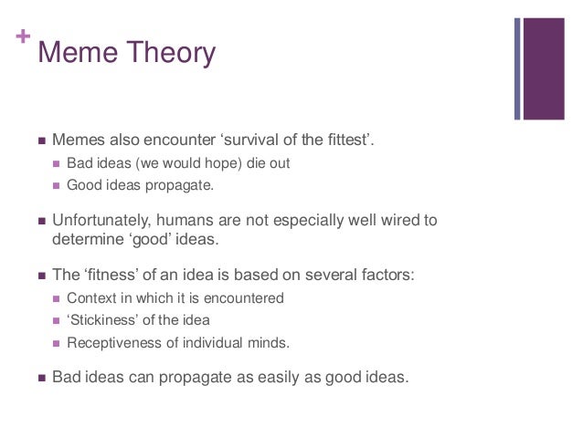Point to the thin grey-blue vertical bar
point(517,68)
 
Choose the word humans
point(196,220)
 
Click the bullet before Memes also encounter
point(40,141)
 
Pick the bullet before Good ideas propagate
point(57,186)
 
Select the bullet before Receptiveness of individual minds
point(57,344)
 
